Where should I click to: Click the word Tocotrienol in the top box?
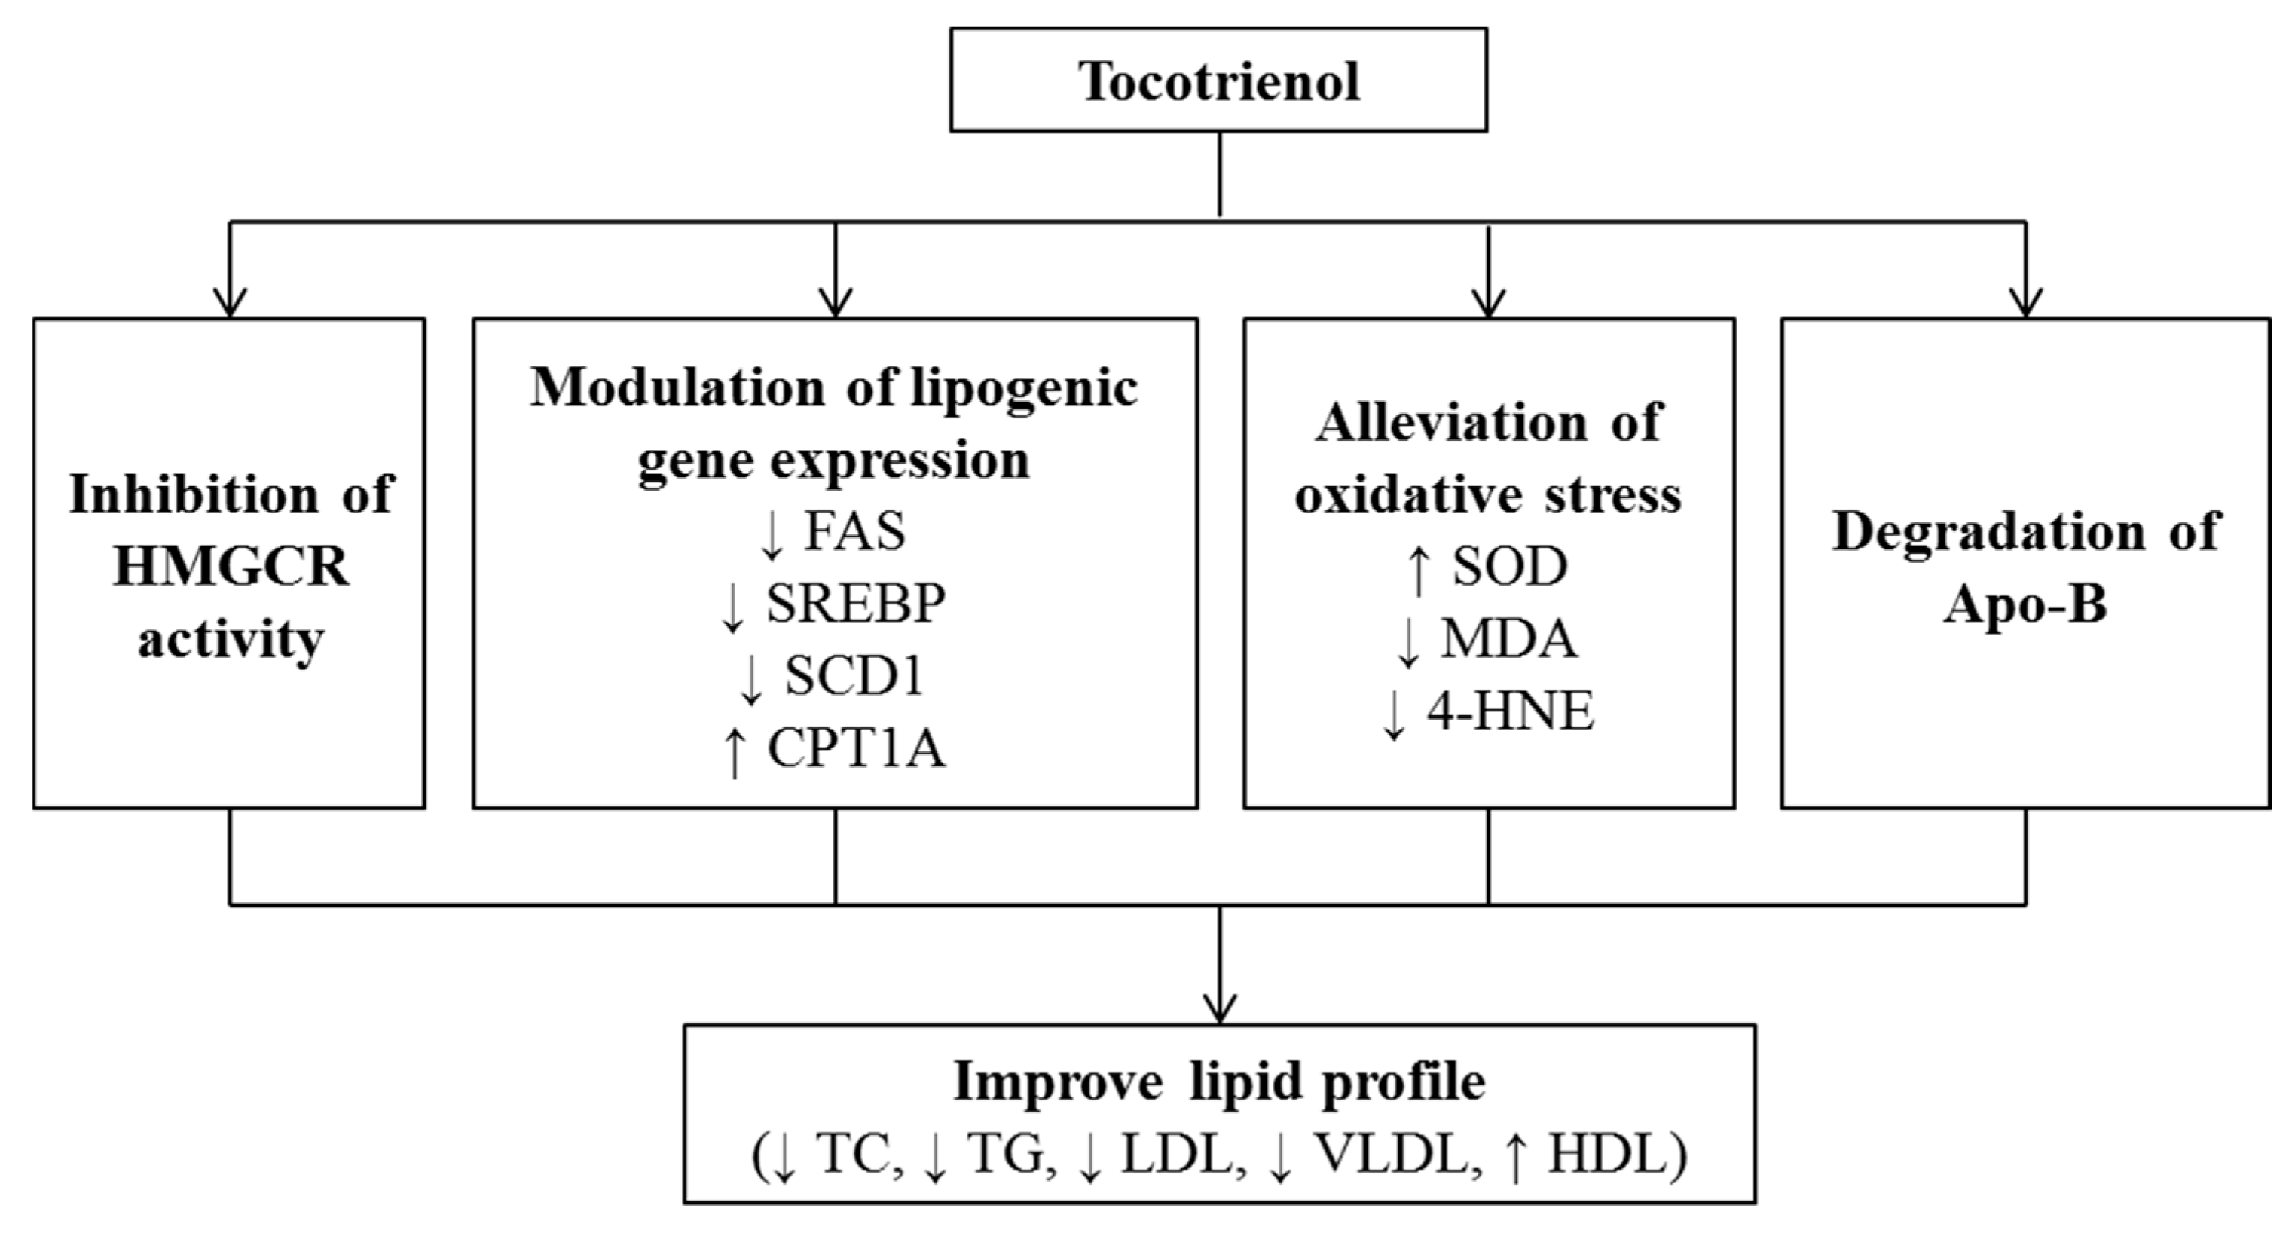tap(1219, 82)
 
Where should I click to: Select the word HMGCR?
tap(231, 567)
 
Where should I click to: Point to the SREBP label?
tap(855, 603)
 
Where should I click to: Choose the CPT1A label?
tap(855, 748)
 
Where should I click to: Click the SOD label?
tap(1510, 567)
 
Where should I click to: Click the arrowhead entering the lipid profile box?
tap(1220, 1008)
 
